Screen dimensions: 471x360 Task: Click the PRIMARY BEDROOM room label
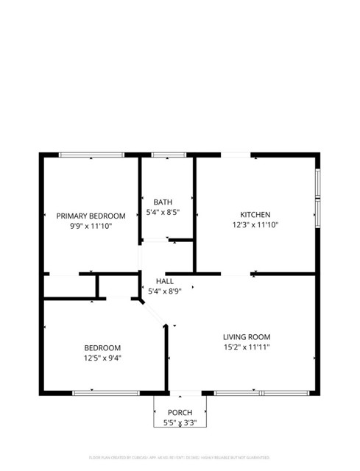click(91, 216)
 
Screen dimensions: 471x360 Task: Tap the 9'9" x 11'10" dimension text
click(91, 227)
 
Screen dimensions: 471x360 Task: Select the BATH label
click(163, 202)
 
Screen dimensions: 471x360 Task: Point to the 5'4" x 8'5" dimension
click(163, 213)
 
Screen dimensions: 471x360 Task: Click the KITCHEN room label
click(255, 214)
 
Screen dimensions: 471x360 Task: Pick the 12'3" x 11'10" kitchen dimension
click(255, 225)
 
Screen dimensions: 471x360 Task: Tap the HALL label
click(165, 281)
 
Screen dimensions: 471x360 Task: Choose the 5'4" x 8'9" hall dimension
click(165, 291)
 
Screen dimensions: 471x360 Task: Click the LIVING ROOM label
click(247, 337)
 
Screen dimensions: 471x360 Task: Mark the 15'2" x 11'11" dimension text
click(247, 348)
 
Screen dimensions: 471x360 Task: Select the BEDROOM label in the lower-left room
click(102, 347)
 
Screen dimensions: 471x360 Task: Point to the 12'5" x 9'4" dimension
click(102, 358)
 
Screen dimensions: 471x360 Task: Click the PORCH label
click(180, 412)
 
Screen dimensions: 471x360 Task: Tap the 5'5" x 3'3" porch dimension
click(180, 423)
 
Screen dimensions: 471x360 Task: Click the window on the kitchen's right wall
click(318, 194)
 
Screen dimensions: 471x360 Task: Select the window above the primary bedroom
click(91, 155)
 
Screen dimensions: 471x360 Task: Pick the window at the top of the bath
click(169, 155)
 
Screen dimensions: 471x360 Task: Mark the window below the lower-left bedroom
click(106, 392)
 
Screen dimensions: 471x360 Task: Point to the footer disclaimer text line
click(180, 457)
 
